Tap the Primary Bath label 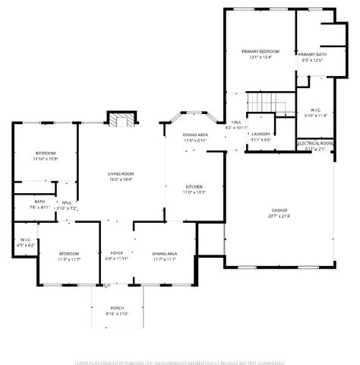tap(312, 55)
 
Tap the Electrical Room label tap(314, 143)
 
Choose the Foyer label tap(117, 252)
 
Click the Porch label tap(117, 307)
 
